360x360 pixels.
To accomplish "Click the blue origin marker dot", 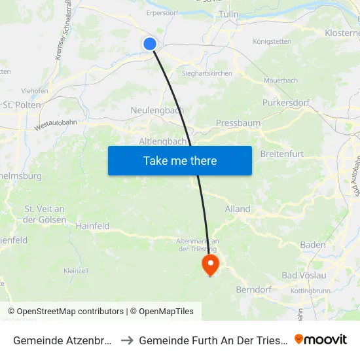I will pyautogui.click(x=150, y=44).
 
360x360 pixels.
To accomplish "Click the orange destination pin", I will pyautogui.click(x=210, y=265).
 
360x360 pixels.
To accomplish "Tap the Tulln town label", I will pyautogui.click(x=229, y=14).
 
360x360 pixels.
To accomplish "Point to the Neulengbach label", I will pyautogui.click(x=157, y=111).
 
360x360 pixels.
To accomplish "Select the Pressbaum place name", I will pyautogui.click(x=238, y=122).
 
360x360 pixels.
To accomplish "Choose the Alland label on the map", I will pyautogui.click(x=238, y=209).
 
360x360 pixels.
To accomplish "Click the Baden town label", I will pyautogui.click(x=313, y=245).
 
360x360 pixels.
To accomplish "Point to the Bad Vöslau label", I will pyautogui.click(x=304, y=275).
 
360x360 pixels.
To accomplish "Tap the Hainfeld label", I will pyautogui.click(x=92, y=226).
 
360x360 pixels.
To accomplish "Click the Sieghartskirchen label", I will pyautogui.click(x=207, y=73).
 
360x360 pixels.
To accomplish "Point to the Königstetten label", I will pyautogui.click(x=272, y=41).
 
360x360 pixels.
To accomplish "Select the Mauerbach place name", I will pyautogui.click(x=280, y=81).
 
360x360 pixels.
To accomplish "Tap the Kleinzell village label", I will pyautogui.click(x=76, y=270).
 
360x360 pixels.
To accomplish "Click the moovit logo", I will pyautogui.click(x=321, y=340).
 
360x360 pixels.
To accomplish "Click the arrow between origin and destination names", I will pyautogui.click(x=127, y=340).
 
